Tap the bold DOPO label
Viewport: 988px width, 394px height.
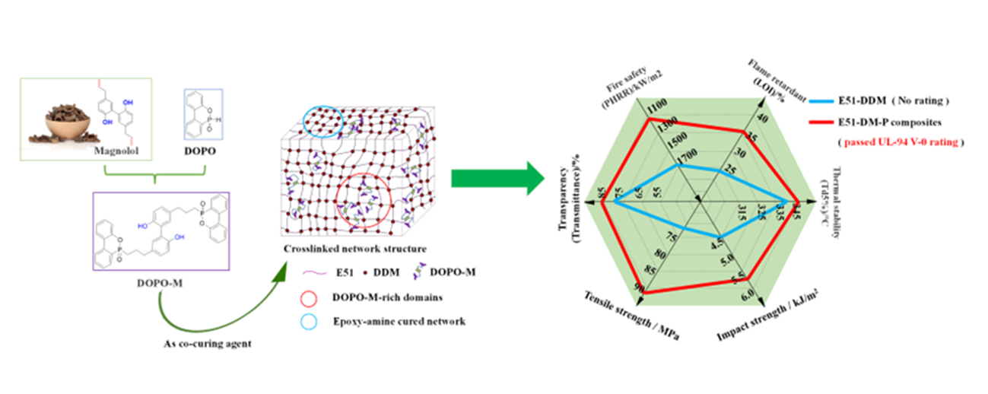pos(202,151)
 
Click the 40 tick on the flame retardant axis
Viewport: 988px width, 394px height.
pos(761,119)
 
